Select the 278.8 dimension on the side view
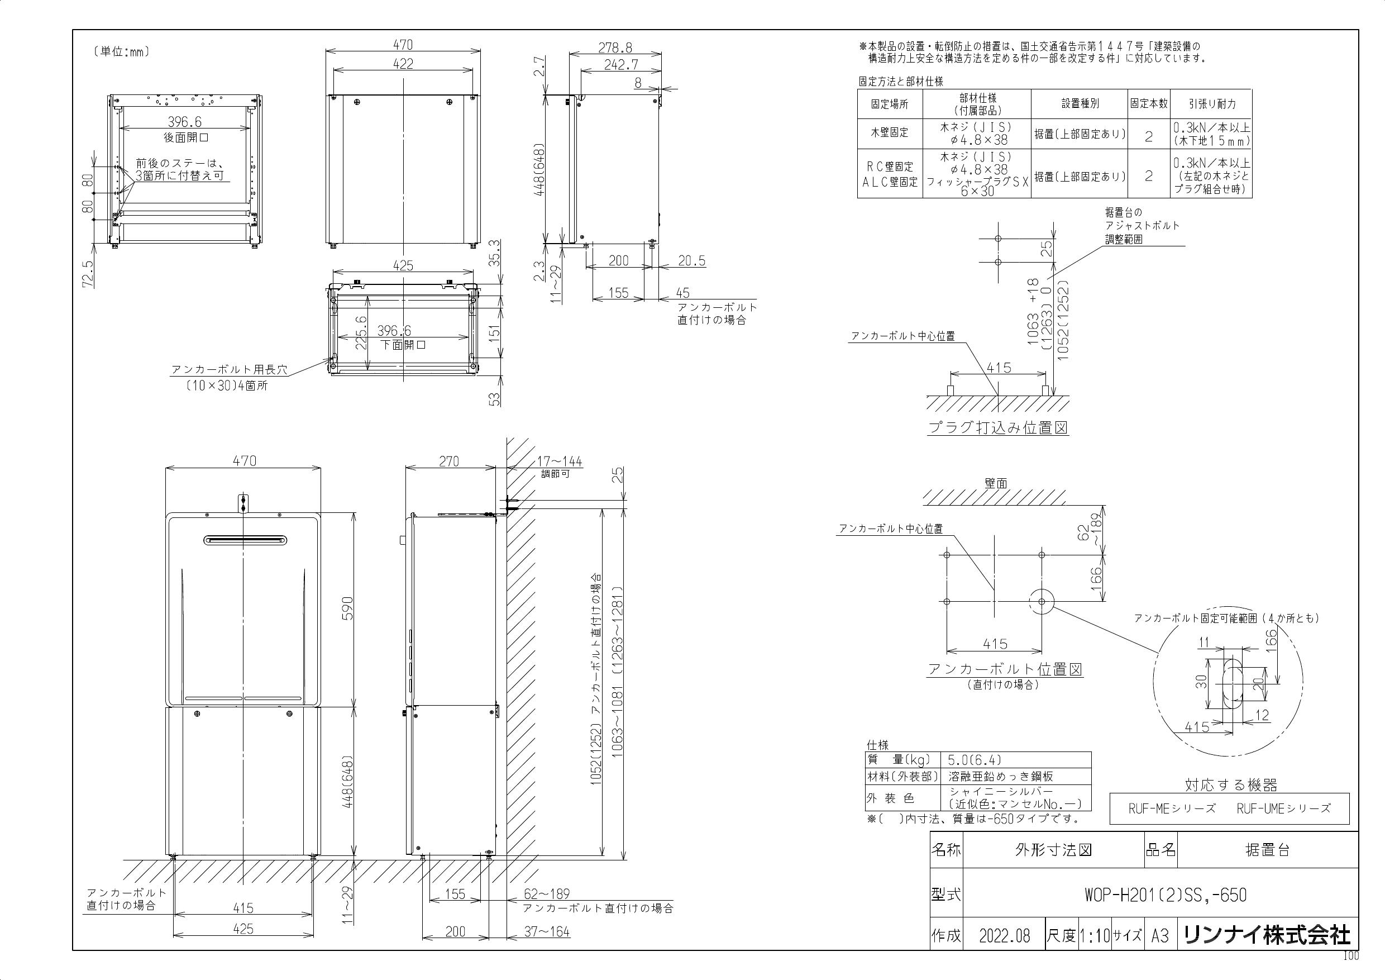tap(615, 47)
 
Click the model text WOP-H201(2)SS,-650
tap(1165, 895)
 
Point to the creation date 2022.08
tap(1004, 936)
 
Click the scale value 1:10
tap(1094, 936)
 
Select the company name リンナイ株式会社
tap(1267, 935)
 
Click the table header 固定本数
tap(1149, 104)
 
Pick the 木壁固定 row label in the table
tap(889, 133)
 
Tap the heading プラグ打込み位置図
tap(998, 428)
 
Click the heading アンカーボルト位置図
tap(1004, 669)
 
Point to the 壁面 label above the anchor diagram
tap(996, 483)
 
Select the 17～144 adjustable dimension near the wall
tap(559, 462)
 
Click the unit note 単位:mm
tap(121, 52)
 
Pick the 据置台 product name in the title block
tap(1267, 850)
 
